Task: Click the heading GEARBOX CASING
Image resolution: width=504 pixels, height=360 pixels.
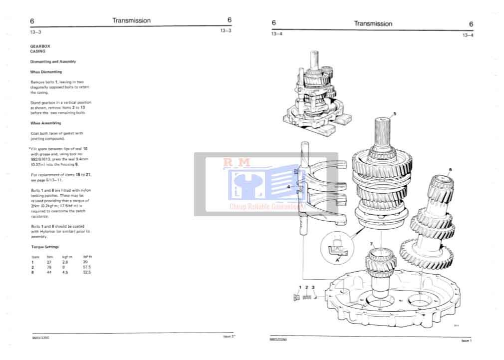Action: pyautogui.click(x=38, y=48)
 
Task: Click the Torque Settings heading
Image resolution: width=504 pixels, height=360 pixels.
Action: pyautogui.click(x=44, y=247)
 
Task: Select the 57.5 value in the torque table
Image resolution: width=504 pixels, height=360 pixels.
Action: pyautogui.click(x=86, y=267)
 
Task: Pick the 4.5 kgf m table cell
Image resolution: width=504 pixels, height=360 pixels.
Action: pyautogui.click(x=65, y=272)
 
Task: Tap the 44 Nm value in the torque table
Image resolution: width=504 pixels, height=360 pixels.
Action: pyautogui.click(x=49, y=272)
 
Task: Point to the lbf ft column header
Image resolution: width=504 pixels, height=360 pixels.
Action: pyautogui.click(x=87, y=257)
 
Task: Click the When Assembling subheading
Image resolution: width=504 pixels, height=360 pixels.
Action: pyautogui.click(x=45, y=122)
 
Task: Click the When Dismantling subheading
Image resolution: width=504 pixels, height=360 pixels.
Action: pyautogui.click(x=46, y=72)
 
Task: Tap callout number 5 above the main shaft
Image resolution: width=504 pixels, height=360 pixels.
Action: pyautogui.click(x=395, y=114)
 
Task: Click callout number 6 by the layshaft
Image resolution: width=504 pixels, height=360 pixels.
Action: pyautogui.click(x=450, y=170)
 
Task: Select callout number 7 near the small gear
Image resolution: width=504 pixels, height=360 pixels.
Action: pyautogui.click(x=371, y=243)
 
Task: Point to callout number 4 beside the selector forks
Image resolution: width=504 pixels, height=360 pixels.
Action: pyautogui.click(x=288, y=187)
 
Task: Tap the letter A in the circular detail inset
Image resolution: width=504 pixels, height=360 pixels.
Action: pyautogui.click(x=337, y=260)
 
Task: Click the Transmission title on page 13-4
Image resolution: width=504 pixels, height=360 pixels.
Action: pyautogui.click(x=373, y=23)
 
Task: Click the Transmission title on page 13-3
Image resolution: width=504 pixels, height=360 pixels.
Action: pyautogui.click(x=131, y=20)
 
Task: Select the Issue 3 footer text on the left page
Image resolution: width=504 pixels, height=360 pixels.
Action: pyautogui.click(x=229, y=337)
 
